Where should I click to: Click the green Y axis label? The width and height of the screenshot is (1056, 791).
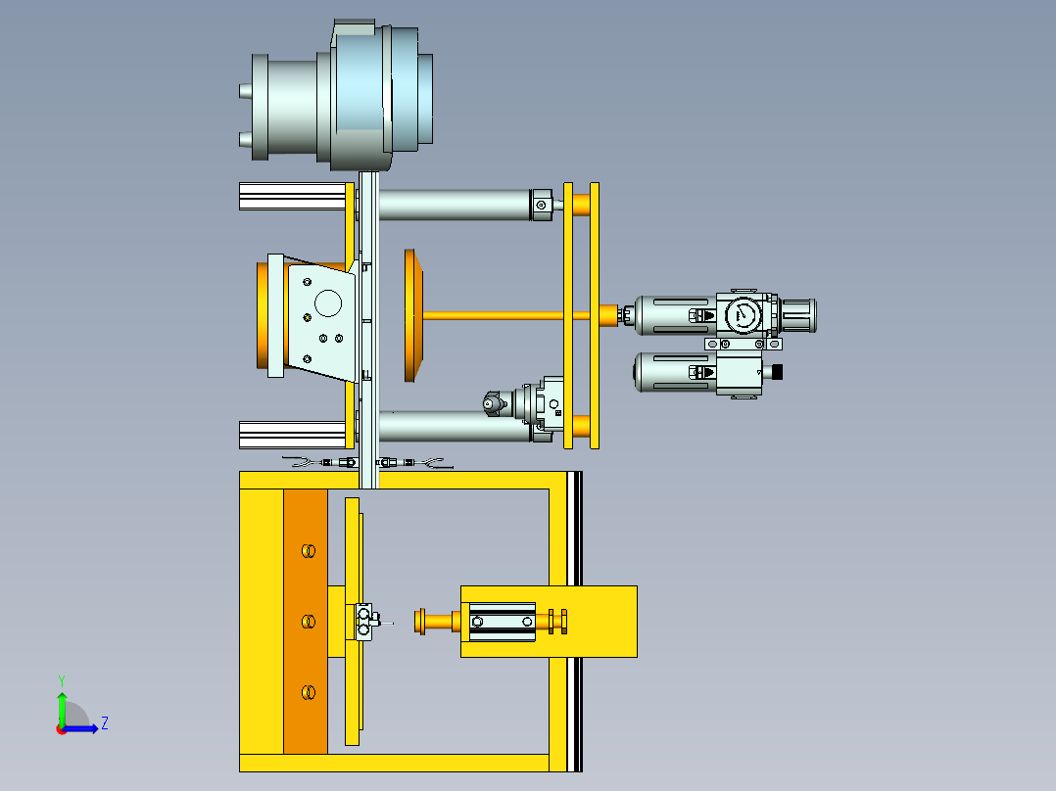pyautogui.click(x=62, y=680)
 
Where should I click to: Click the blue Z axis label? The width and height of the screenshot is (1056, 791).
pyautogui.click(x=105, y=723)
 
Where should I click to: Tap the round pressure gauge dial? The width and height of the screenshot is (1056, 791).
pyautogui.click(x=744, y=313)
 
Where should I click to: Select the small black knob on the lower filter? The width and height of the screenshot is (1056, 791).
pyautogui.click(x=777, y=371)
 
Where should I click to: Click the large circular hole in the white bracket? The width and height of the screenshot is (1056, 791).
pyautogui.click(x=328, y=302)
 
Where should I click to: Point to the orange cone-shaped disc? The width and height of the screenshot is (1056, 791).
pyautogui.click(x=413, y=315)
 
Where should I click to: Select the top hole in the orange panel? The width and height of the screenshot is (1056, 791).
pyautogui.click(x=309, y=551)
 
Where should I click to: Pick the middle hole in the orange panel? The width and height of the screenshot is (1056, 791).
pyautogui.click(x=309, y=622)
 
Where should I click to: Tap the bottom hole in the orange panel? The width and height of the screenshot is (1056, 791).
pyautogui.click(x=309, y=692)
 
